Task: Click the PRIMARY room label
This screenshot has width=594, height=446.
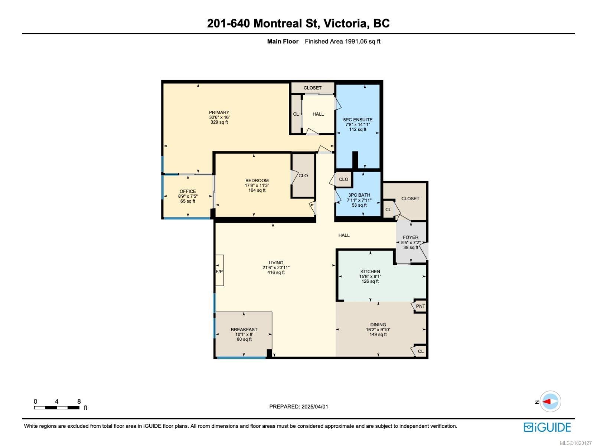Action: (x=219, y=112)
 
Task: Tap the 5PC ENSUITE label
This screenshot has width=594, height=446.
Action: (x=358, y=120)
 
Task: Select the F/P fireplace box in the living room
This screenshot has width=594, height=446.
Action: (x=219, y=271)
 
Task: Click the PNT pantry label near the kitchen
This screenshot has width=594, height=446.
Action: (x=420, y=306)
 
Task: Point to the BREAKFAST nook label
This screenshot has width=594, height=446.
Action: (x=244, y=329)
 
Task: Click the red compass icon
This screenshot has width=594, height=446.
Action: (x=550, y=402)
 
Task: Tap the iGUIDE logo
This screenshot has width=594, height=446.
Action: (x=547, y=427)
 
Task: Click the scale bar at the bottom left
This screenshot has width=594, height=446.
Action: (x=56, y=407)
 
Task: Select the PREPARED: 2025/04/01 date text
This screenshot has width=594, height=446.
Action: (x=298, y=407)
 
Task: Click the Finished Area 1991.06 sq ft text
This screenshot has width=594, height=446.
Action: (x=342, y=41)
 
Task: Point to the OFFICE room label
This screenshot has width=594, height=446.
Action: (x=187, y=191)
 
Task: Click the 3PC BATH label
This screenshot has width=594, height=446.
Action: (x=359, y=195)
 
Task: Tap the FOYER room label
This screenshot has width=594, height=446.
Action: (x=410, y=237)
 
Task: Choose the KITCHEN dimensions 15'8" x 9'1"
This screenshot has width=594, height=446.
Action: (x=370, y=277)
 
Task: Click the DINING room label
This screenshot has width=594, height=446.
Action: (x=378, y=324)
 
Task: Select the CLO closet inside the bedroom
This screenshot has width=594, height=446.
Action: (x=303, y=175)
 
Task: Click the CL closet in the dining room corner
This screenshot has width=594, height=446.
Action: (x=421, y=351)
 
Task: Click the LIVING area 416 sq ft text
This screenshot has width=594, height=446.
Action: (x=276, y=272)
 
